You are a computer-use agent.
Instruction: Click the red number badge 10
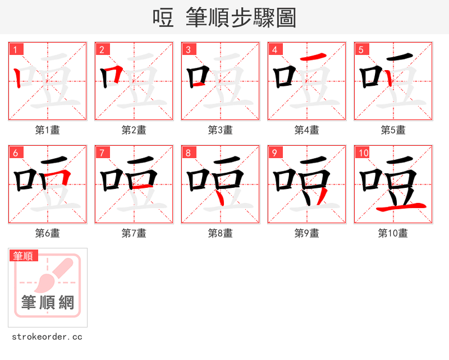click(x=363, y=153)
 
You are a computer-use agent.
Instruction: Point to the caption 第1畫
click(x=48, y=130)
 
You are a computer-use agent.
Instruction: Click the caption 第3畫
click(x=221, y=130)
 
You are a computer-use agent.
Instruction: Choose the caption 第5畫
click(x=393, y=130)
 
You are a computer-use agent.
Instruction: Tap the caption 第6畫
click(x=48, y=233)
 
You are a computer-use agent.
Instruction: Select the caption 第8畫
click(x=221, y=233)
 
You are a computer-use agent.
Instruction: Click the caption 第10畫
click(x=393, y=233)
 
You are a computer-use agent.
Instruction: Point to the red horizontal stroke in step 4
click(x=311, y=58)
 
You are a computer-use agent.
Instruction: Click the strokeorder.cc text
click(x=47, y=337)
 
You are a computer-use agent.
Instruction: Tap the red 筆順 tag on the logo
click(x=24, y=256)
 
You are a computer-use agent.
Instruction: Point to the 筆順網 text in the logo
click(x=48, y=303)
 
